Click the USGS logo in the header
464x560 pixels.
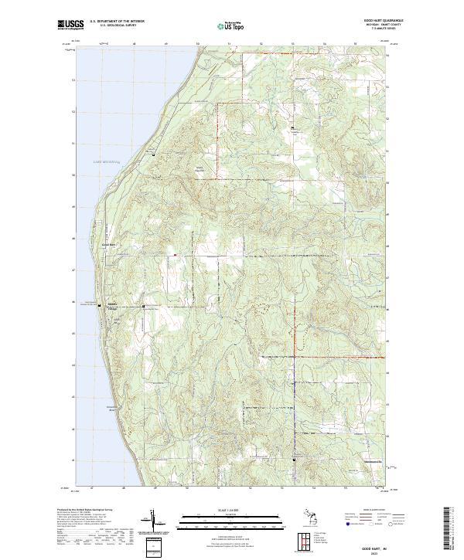(x=70, y=25)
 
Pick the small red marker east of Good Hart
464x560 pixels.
(x=175, y=254)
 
